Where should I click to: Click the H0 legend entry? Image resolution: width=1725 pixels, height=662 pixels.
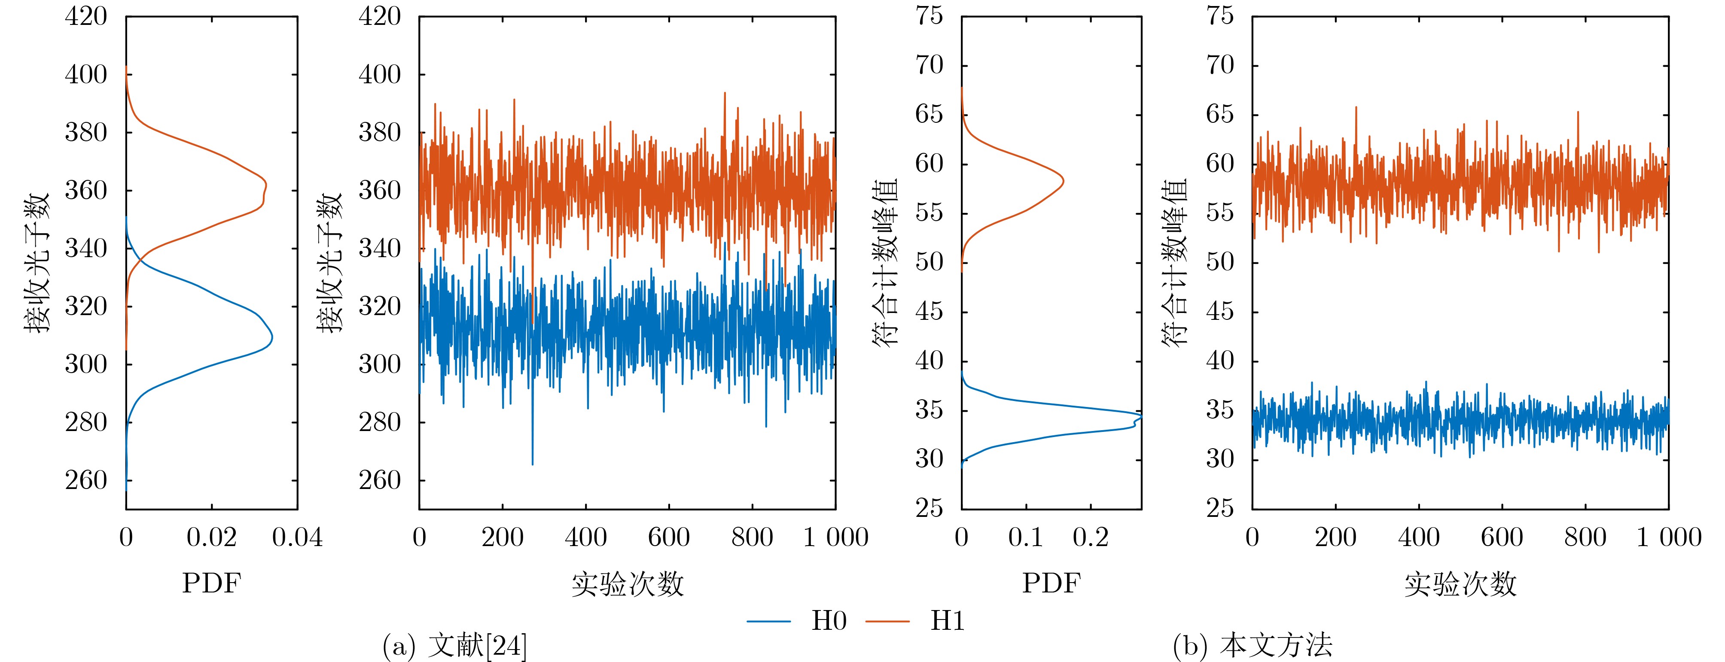(x=797, y=621)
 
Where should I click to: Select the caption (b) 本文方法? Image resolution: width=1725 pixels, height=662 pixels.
(x=1252, y=646)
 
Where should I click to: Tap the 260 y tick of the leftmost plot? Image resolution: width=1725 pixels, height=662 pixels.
(x=86, y=480)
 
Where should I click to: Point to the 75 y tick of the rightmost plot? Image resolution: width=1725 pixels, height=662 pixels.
(x=1220, y=16)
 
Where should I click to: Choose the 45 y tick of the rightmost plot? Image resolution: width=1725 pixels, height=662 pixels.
(x=1220, y=312)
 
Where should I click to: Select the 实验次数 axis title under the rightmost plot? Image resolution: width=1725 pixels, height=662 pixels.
(x=1460, y=584)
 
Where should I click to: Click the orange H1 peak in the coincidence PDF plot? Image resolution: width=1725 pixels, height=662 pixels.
(x=1063, y=181)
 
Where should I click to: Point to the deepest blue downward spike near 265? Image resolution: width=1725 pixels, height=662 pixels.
(x=532, y=463)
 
